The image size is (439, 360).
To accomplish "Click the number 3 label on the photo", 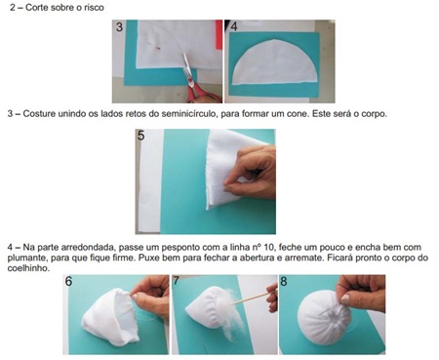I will [x=120, y=28].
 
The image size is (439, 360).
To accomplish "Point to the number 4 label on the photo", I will [x=235, y=28].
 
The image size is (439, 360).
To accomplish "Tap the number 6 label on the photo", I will [x=69, y=282].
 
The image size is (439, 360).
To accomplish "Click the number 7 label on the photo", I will [x=177, y=282].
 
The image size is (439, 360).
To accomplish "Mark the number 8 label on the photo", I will [x=284, y=282].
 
